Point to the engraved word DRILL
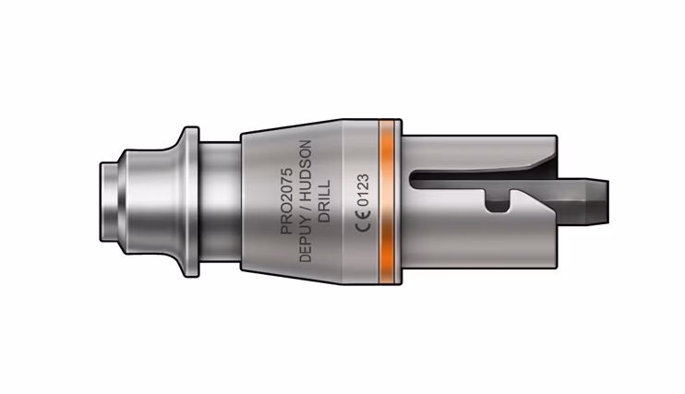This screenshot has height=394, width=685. pos(325,201)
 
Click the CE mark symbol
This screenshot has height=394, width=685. pos(363,221)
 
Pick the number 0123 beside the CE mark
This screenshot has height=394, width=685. pos(364,190)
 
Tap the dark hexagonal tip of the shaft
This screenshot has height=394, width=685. pos(597,201)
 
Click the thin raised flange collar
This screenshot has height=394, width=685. pos(191,201)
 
